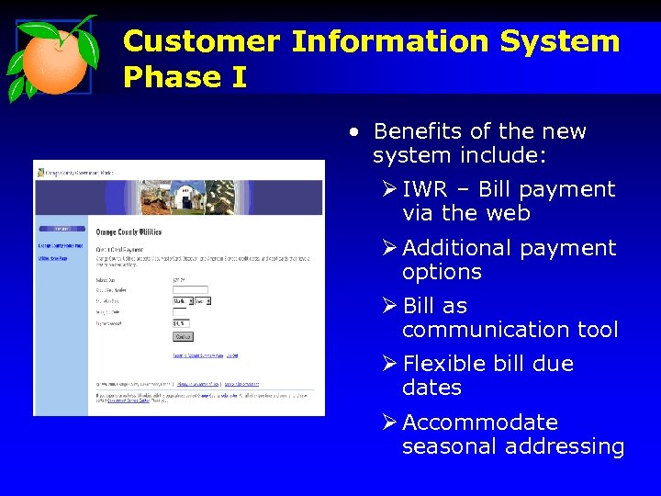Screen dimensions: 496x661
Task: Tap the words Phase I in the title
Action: coord(185,77)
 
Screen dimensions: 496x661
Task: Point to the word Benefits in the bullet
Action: coord(418,131)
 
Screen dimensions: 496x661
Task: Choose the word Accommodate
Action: coord(480,423)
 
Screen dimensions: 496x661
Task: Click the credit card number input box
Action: coord(191,289)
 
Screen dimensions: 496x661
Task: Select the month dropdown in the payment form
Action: coord(182,300)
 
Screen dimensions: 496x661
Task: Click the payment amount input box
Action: coord(180,323)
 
